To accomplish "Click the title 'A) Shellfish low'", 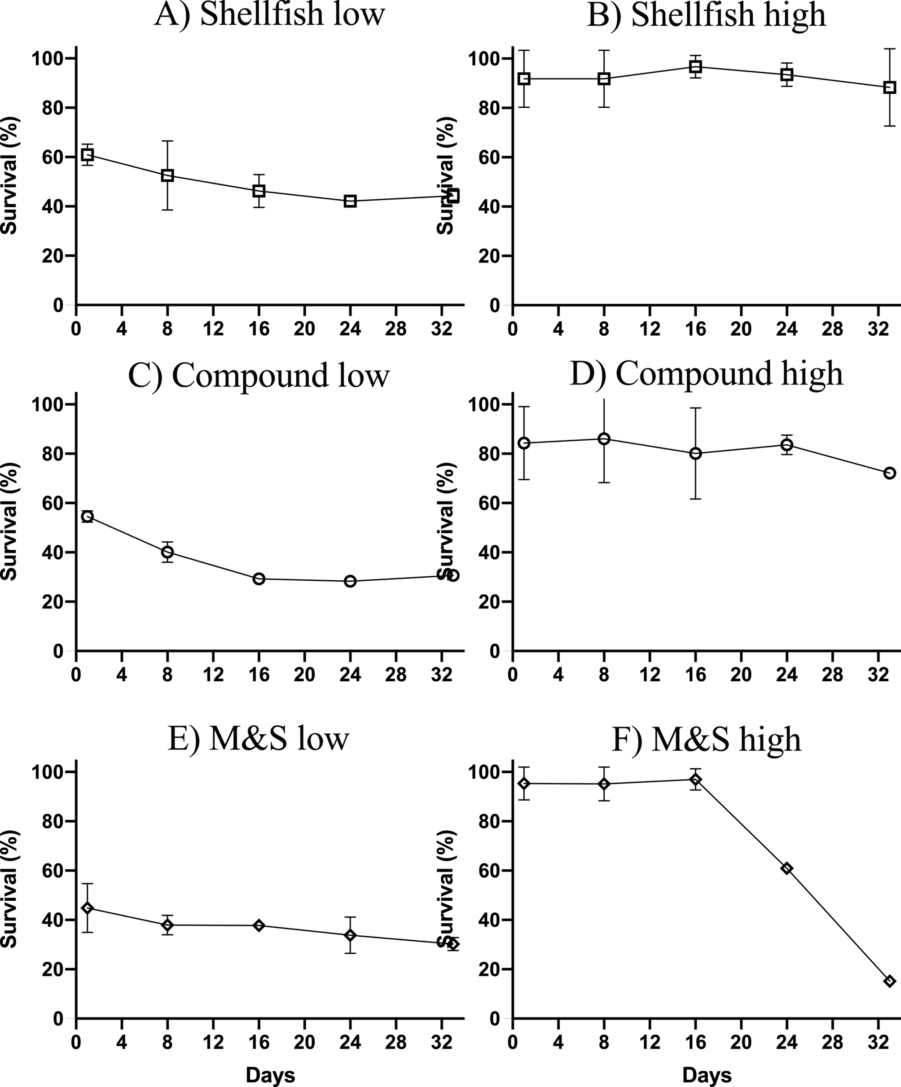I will (x=270, y=14).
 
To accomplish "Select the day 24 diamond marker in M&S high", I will (x=787, y=868).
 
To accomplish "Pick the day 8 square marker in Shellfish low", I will (x=167, y=175).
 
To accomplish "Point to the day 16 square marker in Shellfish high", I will (x=695, y=66).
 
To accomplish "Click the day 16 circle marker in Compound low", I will (x=259, y=579).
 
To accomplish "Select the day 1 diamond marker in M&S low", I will (x=88, y=908).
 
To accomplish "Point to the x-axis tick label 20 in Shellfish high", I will (x=741, y=330).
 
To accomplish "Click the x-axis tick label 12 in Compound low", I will (x=213, y=675).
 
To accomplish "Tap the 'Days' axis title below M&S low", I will (x=270, y=1075).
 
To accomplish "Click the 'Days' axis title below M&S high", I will (x=707, y=1075).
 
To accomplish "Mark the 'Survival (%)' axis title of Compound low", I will (x=9, y=521).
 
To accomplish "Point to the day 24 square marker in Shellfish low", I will (x=350, y=202).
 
